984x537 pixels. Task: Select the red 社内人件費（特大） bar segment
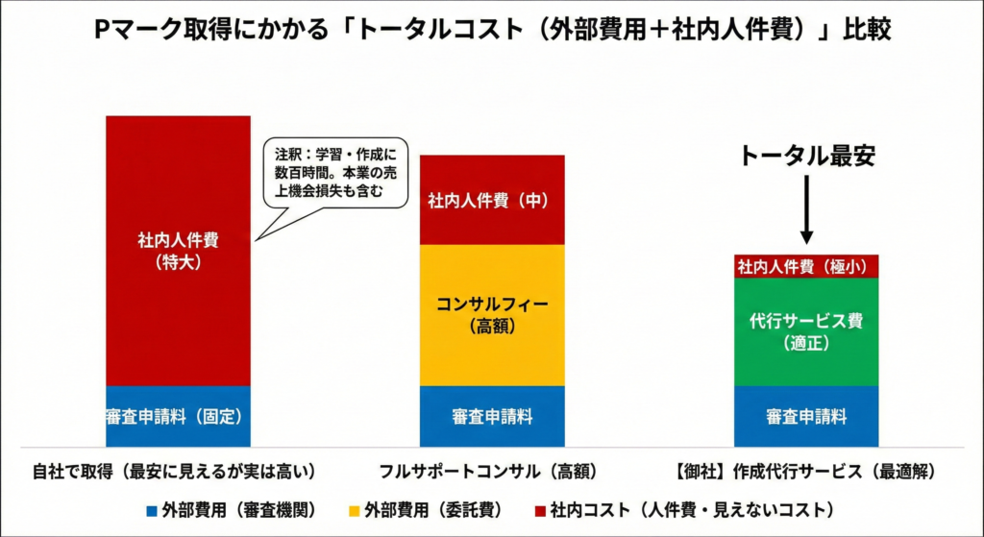point(178,250)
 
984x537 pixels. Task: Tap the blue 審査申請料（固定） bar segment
point(178,417)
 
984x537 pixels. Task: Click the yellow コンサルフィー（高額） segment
point(492,315)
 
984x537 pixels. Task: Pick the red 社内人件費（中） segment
point(492,200)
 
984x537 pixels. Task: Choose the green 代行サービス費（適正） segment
point(806,331)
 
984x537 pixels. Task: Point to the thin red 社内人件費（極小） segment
point(806,266)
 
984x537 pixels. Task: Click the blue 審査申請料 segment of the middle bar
point(492,417)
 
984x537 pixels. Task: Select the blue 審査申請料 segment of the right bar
point(806,417)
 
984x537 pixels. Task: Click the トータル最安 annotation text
point(806,157)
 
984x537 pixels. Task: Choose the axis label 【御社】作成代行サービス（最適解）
point(805,472)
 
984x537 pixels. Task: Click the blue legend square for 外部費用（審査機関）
point(151,508)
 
